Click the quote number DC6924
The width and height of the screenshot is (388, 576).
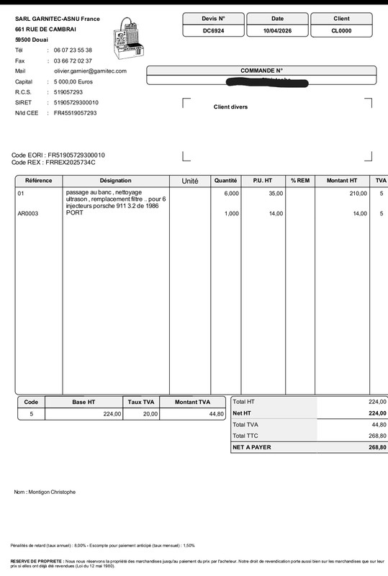pos(213,31)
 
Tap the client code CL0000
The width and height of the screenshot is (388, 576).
pos(341,31)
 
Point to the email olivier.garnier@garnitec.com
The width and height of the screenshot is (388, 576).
pos(90,71)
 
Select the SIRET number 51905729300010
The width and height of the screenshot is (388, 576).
pos(76,102)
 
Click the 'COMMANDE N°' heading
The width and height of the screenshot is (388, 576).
pos(261,71)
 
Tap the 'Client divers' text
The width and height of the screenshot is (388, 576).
pos(230,107)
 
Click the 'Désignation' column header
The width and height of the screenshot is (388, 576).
pos(116,180)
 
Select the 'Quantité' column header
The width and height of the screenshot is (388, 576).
pos(226,180)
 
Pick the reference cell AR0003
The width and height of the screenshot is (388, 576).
pos(28,214)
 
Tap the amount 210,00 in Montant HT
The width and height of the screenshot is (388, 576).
pos(348,194)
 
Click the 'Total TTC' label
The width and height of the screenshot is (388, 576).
pos(245,436)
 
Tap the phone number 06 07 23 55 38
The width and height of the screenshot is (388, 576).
pos(73,50)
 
